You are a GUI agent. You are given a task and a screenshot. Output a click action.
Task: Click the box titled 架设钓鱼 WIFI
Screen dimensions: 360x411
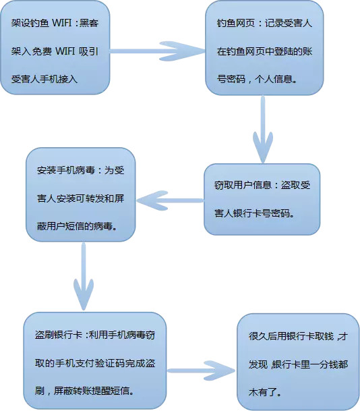(x=55, y=48)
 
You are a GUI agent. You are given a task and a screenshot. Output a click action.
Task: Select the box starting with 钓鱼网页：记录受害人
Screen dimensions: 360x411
(x=264, y=48)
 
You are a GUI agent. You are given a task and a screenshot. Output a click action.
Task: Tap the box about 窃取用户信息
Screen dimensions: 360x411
(x=262, y=199)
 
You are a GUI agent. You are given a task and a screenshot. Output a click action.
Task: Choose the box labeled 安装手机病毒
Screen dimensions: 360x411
(x=81, y=194)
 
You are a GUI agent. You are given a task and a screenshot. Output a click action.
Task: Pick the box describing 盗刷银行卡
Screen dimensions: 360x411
(x=95, y=360)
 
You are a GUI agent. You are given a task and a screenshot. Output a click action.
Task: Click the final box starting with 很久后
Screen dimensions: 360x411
(x=298, y=362)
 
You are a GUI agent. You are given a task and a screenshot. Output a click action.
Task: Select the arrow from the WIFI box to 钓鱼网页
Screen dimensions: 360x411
(x=157, y=51)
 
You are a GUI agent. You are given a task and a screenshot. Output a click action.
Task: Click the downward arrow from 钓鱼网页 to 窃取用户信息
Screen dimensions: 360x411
(x=263, y=129)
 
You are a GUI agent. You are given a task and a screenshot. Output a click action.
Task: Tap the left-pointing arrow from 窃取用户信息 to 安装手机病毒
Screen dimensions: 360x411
(x=170, y=200)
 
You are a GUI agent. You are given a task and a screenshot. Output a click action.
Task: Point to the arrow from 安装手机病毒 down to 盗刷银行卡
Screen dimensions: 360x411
(x=84, y=277)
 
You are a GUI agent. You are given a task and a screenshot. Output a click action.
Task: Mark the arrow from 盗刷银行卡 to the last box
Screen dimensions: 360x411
(x=201, y=371)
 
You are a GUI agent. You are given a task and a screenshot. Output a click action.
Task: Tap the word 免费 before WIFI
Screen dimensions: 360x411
(x=42, y=51)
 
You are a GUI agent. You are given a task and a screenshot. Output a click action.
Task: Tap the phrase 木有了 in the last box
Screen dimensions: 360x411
(x=263, y=392)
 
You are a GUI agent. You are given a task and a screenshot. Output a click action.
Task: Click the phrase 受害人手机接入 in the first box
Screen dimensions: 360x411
(x=44, y=79)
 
